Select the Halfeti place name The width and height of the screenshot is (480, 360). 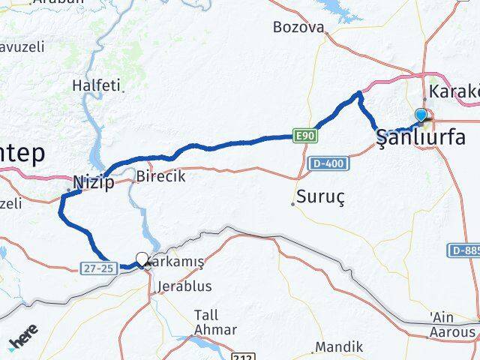click(96, 85)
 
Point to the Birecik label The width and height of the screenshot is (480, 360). click(161, 178)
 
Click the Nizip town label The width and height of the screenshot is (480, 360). click(94, 181)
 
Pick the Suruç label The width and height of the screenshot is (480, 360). click(321, 197)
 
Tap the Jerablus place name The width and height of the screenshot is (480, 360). click(184, 286)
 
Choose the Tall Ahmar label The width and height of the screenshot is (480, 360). click(215, 322)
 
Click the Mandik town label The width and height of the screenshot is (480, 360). click(339, 347)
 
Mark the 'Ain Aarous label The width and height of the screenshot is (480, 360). click(453, 325)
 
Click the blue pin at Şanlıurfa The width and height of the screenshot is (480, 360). click(421, 115)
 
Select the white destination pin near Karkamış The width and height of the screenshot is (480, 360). click(142, 259)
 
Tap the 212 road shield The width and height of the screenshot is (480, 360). click(242, 356)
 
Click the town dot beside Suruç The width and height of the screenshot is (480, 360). click(293, 203)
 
